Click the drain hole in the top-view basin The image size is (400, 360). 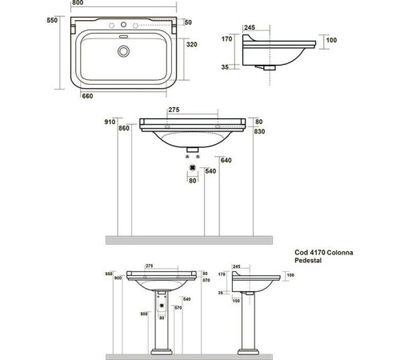click(x=123, y=52)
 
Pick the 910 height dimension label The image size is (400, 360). click(x=112, y=122)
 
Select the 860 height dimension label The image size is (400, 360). click(x=124, y=128)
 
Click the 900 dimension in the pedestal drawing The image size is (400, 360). click(x=118, y=278)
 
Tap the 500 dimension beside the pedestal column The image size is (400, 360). click(x=142, y=314)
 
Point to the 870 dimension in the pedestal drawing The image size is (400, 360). click(x=205, y=279)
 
